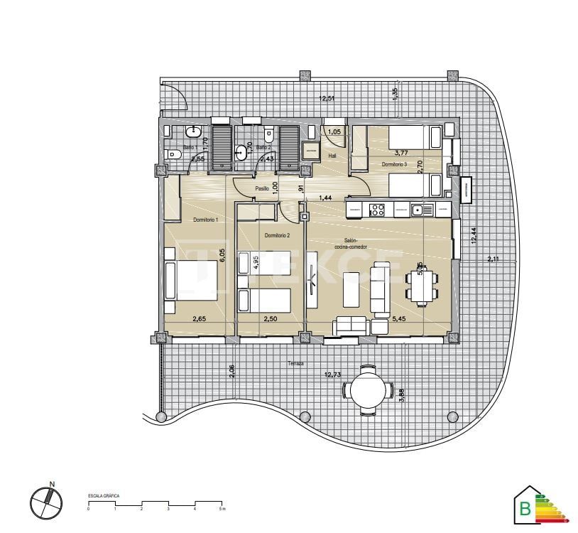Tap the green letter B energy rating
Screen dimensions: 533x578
point(525,508)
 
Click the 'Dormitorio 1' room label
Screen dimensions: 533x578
point(205,220)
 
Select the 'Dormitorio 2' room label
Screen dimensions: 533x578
point(277,235)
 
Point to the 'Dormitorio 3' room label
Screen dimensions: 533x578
point(394,164)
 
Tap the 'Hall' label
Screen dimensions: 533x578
point(332,156)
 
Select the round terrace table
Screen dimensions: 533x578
point(368,389)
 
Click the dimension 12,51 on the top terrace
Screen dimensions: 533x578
point(326,99)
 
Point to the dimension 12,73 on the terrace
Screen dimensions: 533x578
point(332,375)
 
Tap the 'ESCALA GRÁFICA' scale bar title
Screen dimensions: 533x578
point(103,495)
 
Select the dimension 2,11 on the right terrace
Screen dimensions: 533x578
point(493,259)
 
